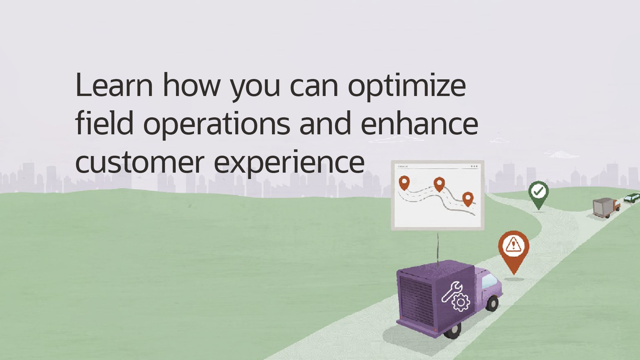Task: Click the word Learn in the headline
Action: (x=114, y=85)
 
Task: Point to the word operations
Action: (x=217, y=125)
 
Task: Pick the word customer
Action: (x=140, y=162)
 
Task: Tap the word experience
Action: (x=289, y=164)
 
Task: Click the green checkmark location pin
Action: (x=538, y=195)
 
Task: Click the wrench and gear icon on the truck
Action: (x=455, y=296)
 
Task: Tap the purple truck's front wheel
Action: (x=492, y=303)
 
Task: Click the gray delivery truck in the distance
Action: (x=606, y=208)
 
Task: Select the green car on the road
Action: (x=632, y=198)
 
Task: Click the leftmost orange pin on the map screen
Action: (x=404, y=183)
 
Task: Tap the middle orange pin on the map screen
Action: (x=439, y=184)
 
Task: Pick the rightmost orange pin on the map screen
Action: (x=468, y=199)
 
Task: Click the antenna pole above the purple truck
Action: (x=438, y=248)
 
